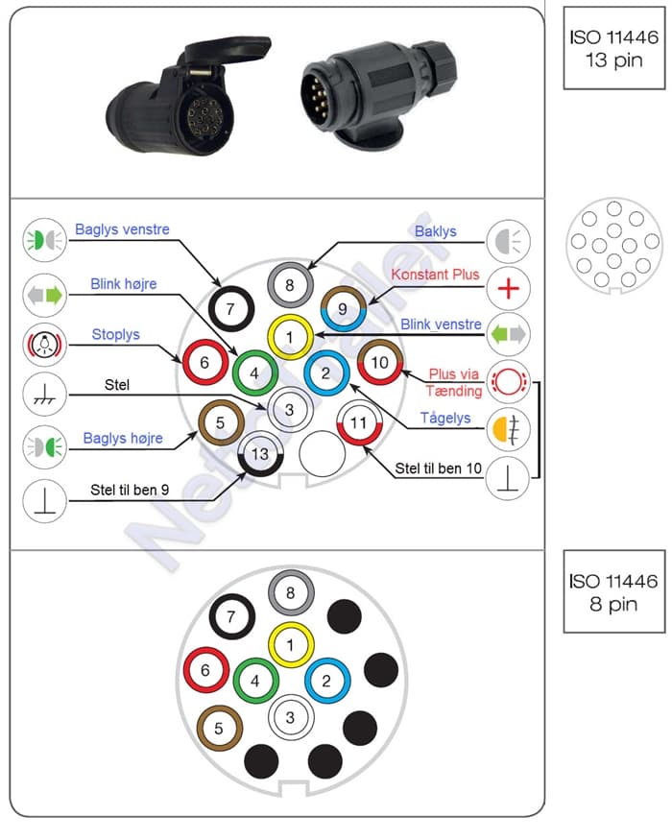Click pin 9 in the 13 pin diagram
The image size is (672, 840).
(x=342, y=308)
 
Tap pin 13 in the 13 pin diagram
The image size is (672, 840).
(x=259, y=452)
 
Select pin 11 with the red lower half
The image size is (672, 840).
(x=358, y=422)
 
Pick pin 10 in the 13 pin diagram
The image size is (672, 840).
(x=379, y=362)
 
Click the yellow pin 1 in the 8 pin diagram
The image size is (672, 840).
(x=291, y=645)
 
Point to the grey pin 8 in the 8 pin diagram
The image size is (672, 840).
(x=291, y=593)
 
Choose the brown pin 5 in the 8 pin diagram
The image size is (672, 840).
(x=219, y=729)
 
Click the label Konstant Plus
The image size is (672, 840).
(x=434, y=275)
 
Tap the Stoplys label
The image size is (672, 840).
(x=115, y=334)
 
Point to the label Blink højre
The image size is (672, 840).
(x=124, y=284)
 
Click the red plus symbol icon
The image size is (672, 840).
(x=508, y=288)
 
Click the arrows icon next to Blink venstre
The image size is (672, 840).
(x=508, y=334)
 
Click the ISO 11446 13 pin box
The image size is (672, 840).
(x=613, y=48)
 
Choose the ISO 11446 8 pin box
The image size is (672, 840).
(x=613, y=592)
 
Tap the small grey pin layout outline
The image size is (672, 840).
(x=615, y=247)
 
